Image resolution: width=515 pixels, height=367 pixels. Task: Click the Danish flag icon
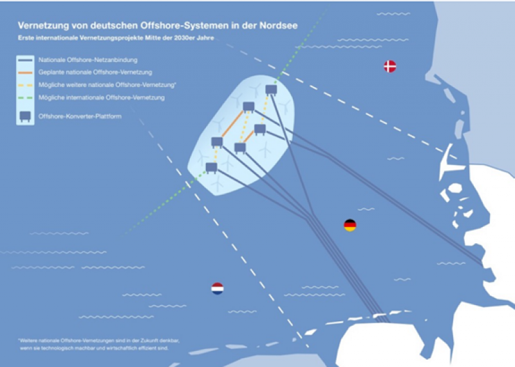point(389,66)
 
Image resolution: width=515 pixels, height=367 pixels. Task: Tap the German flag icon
point(350,225)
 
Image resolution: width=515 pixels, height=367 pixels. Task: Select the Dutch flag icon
point(218,288)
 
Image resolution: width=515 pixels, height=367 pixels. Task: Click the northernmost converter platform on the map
point(271,90)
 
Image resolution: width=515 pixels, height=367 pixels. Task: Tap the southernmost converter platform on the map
point(211,167)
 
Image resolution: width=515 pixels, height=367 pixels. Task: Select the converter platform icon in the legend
point(26,116)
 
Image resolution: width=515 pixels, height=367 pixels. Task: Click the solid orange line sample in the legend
point(26,72)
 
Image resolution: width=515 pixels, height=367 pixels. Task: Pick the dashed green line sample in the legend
point(26,97)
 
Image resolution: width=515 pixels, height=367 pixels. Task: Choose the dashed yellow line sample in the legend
point(26,84)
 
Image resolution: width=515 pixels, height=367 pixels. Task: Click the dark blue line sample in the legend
point(26,59)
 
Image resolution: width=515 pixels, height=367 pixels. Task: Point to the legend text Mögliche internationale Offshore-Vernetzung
point(101,97)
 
